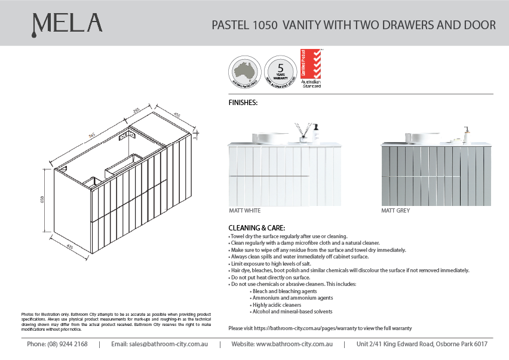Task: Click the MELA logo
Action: pos(67,24)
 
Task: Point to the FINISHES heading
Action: pos(243,103)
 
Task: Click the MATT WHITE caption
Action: pos(245,211)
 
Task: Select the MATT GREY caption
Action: pos(395,211)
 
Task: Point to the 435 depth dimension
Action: pos(69,245)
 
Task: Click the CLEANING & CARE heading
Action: pos(257,228)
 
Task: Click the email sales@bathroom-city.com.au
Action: pos(159,344)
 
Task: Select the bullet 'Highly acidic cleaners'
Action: pos(276,304)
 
